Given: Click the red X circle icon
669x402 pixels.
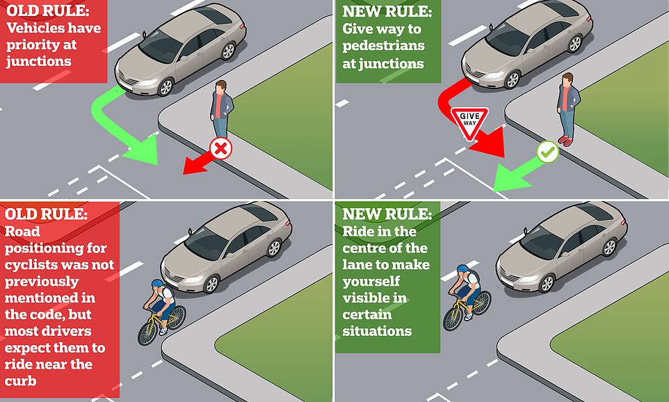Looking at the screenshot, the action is [220, 149].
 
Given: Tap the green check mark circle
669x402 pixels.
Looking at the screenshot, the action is [548, 152].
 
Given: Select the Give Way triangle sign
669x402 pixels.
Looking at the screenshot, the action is [469, 122].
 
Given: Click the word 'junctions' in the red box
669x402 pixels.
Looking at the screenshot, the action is [39, 61].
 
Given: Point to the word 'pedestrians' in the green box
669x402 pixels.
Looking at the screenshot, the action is [384, 46].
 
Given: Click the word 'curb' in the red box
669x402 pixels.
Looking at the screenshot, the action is [20, 380].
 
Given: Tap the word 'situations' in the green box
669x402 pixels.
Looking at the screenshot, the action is [377, 331].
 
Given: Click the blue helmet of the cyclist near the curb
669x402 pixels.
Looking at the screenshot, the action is [157, 284].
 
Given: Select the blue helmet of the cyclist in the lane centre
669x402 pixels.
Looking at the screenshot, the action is [462, 269].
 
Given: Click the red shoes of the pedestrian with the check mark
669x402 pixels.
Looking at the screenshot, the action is [566, 140].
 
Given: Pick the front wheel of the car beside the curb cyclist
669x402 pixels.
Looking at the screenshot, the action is [211, 284].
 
